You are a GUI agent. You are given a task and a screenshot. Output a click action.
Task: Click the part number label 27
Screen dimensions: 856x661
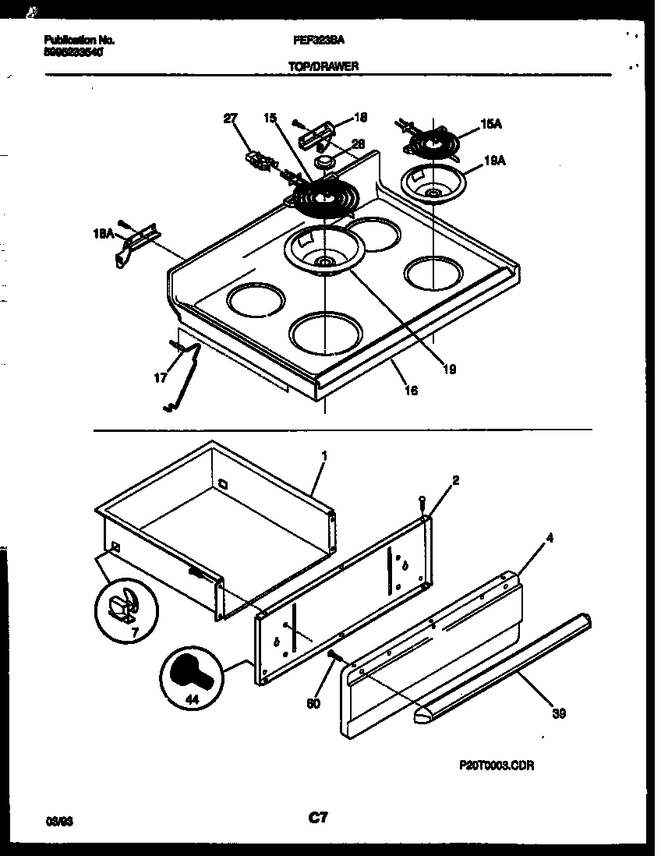click(x=230, y=118)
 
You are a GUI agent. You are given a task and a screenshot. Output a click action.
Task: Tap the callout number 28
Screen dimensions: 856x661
click(x=358, y=143)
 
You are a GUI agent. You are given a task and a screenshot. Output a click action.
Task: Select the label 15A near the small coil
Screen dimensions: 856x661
click(x=490, y=123)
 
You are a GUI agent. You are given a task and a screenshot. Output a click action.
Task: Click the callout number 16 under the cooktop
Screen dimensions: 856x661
click(x=411, y=391)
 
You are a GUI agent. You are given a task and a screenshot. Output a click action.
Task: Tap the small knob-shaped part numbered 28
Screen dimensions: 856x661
click(x=325, y=161)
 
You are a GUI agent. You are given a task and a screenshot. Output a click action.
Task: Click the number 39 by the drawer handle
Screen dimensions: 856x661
click(x=557, y=713)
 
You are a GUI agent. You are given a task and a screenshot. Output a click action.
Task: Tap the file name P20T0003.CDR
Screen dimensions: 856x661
click(x=497, y=766)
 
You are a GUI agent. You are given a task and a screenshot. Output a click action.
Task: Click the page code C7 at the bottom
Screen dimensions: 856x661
click(x=317, y=818)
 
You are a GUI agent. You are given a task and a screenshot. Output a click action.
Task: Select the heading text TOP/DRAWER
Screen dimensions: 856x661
click(x=323, y=67)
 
